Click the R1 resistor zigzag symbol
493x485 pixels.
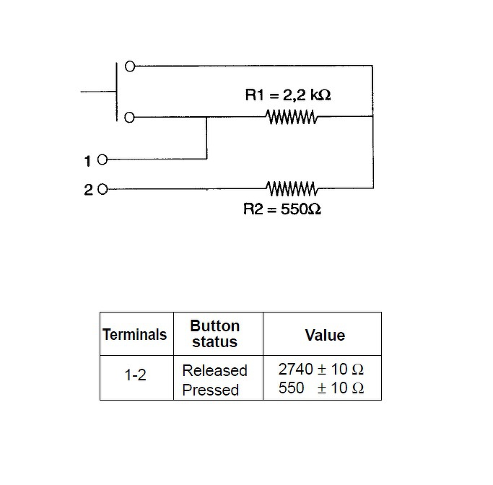[292, 117]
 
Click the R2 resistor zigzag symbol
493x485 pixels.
[292, 188]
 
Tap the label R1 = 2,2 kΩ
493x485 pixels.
[288, 95]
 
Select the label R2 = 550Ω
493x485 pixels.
[282, 209]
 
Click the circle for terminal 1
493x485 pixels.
[102, 160]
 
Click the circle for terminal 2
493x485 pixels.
[102, 189]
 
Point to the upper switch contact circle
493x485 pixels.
[130, 66]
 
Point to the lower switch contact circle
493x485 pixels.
[129, 118]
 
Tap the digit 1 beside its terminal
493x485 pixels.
[87, 161]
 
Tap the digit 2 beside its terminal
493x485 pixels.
[88, 190]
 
